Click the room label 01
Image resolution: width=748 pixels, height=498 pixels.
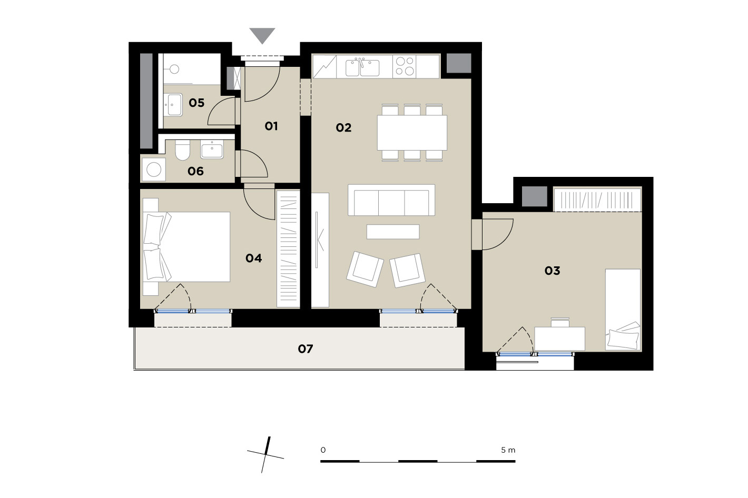click(x=271, y=126)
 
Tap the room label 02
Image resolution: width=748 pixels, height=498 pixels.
click(x=343, y=127)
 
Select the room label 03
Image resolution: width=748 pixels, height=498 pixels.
click(x=553, y=271)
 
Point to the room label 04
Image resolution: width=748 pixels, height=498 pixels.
click(x=254, y=258)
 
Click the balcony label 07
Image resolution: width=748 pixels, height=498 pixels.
click(x=305, y=349)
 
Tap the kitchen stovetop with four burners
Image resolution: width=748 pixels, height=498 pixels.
click(x=405, y=66)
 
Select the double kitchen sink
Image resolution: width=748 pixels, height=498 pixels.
click(x=362, y=67)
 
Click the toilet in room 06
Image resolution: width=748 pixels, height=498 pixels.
click(x=182, y=150)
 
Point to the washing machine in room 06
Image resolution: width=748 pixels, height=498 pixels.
click(x=154, y=170)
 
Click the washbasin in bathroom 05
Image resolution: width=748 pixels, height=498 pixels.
click(x=173, y=104)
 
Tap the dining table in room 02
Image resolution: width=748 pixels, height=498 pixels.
click(x=412, y=133)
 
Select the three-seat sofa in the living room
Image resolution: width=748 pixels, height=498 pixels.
click(x=391, y=200)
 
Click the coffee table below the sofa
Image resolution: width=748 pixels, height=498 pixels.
click(x=393, y=232)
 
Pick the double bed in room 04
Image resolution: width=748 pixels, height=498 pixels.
click(x=186, y=247)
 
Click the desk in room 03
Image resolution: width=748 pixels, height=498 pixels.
click(x=559, y=338)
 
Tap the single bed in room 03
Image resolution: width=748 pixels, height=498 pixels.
click(x=623, y=310)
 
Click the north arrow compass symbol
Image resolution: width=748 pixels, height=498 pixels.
click(x=265, y=455)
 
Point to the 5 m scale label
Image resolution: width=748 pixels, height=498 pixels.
click(x=508, y=450)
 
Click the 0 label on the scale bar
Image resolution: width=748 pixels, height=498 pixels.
click(x=323, y=450)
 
